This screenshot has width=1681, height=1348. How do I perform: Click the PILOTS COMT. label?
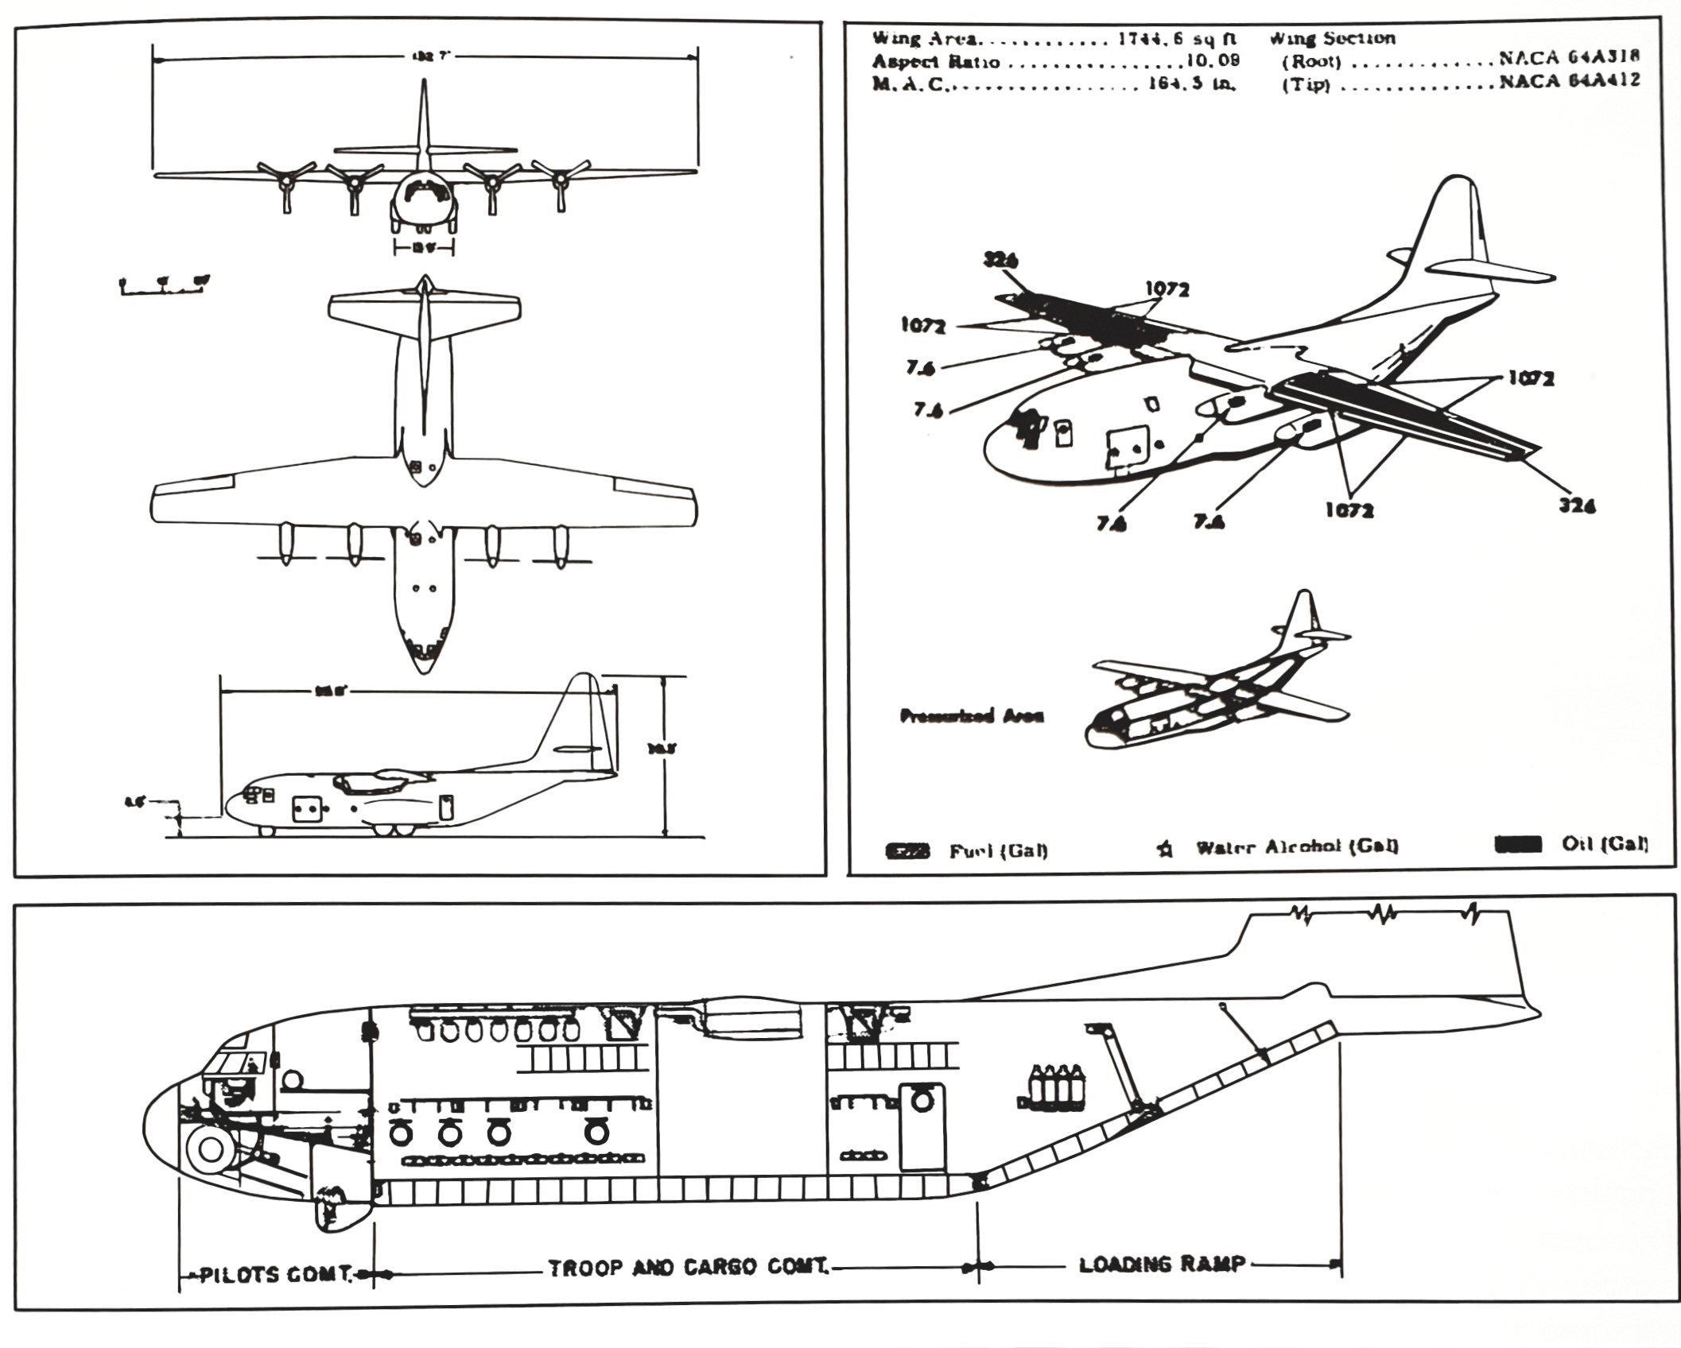click(274, 1274)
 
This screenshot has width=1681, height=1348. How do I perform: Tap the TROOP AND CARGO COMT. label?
click(689, 1268)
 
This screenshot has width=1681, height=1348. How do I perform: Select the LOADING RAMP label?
click(1162, 1265)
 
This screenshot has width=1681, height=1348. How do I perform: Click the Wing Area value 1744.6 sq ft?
click(1176, 39)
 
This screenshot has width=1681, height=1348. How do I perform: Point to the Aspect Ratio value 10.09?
click(1213, 61)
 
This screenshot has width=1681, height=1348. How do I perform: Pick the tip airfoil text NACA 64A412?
click(1569, 80)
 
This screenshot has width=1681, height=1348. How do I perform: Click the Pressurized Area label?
click(971, 716)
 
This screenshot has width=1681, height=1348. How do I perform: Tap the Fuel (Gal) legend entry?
click(998, 851)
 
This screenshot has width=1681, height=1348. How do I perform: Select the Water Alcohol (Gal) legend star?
click(1165, 850)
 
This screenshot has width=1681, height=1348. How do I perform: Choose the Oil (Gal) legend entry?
click(1604, 844)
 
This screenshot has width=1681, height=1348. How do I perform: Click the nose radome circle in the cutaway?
click(210, 1149)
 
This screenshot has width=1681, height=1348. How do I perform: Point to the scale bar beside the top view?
click(164, 286)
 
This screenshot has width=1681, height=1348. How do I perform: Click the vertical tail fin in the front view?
click(424, 119)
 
